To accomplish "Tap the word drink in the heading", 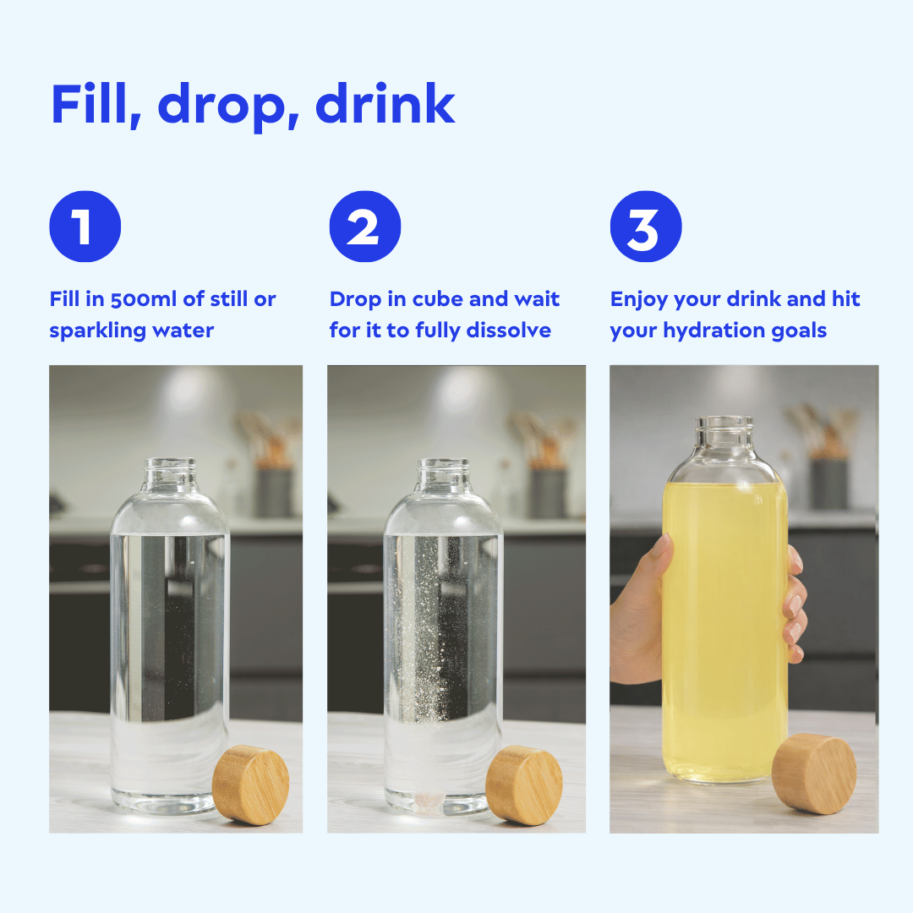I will pos(385,104).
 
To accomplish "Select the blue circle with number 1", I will pos(85,227).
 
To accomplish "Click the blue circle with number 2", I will pos(364,227).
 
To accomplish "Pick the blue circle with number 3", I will pos(645,227).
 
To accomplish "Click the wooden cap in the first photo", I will pos(251,784).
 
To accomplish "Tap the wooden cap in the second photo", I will pos(524,784).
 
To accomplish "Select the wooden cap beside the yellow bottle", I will pos(813,774).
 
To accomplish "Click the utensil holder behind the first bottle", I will pos(273,490).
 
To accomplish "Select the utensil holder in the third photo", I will pos(830,482).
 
